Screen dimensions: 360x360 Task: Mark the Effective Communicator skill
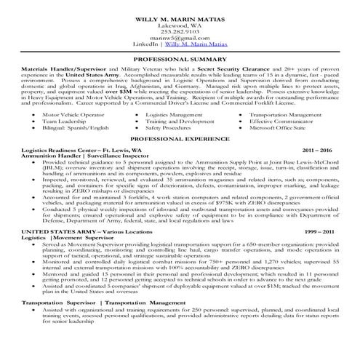(281, 121)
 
